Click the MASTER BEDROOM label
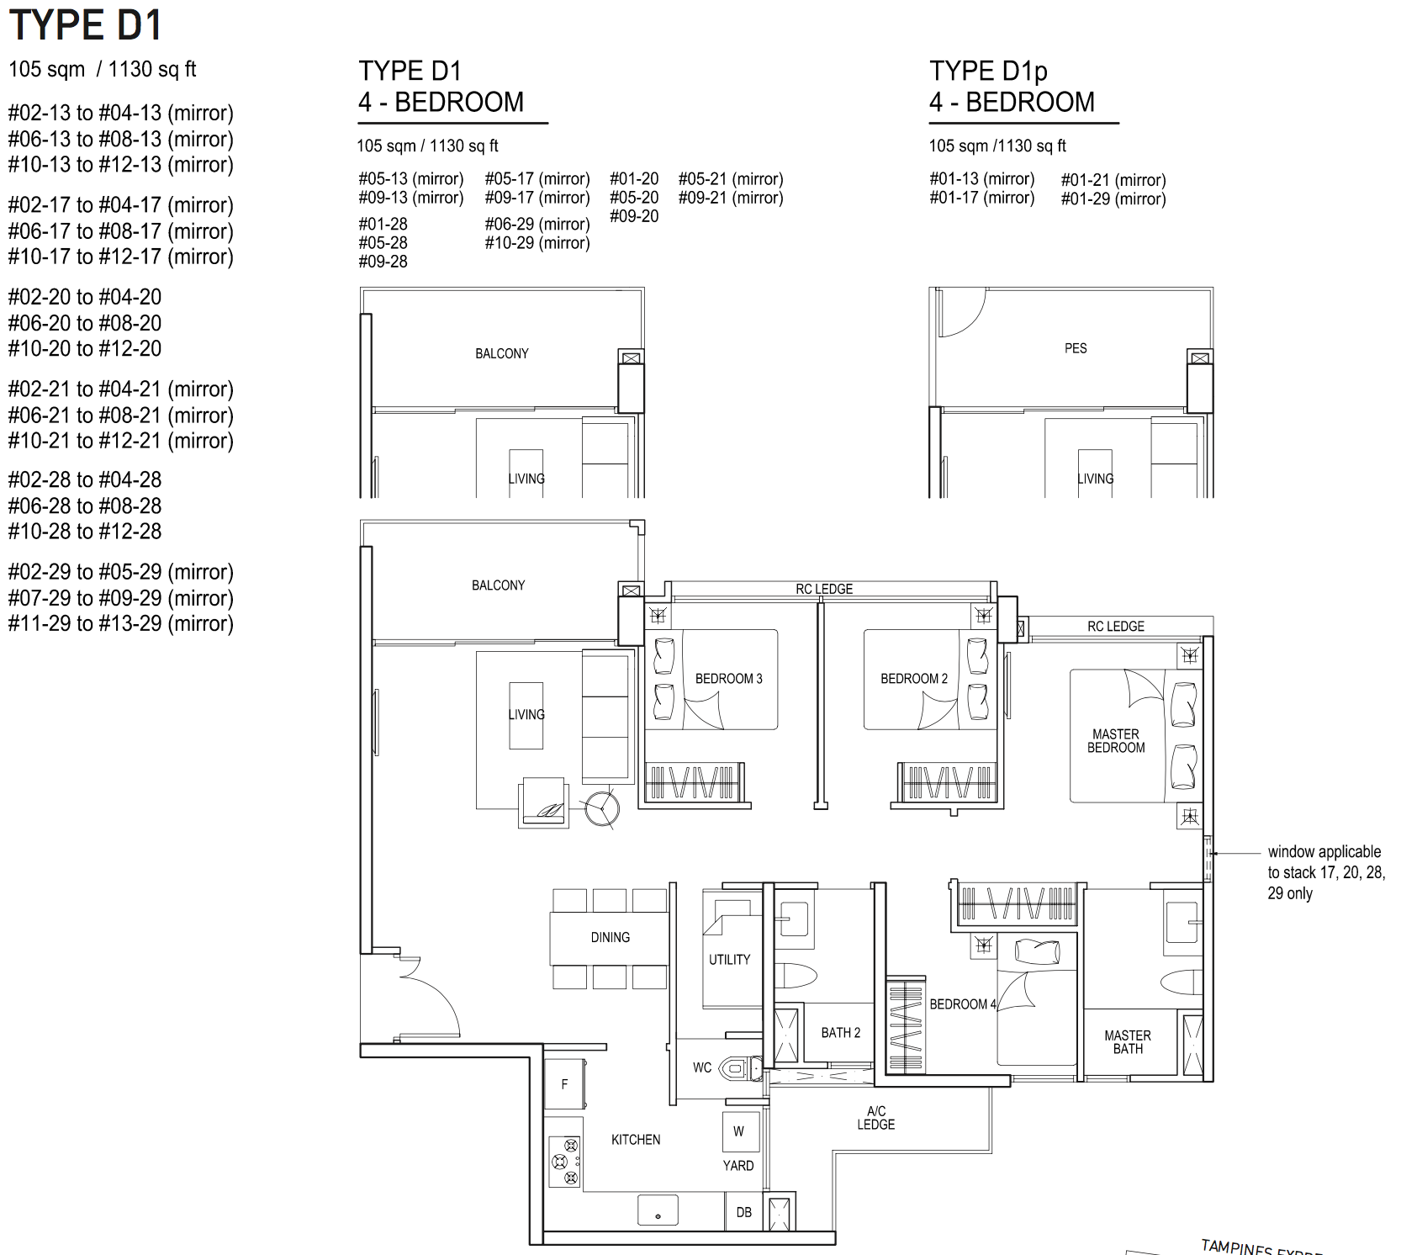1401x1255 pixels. click(x=1116, y=741)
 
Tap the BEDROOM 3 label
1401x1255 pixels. click(x=728, y=679)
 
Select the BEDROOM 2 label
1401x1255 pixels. click(x=914, y=679)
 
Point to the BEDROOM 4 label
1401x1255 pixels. click(x=963, y=1004)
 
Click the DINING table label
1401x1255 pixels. click(x=611, y=937)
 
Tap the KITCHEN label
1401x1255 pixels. click(x=636, y=1140)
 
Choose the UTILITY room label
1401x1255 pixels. click(x=729, y=960)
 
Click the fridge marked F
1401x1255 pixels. click(x=564, y=1084)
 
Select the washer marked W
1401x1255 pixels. click(x=739, y=1131)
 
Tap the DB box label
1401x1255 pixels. click(x=744, y=1212)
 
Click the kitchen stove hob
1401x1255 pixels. click(x=565, y=1161)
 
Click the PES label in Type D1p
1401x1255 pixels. click(x=1076, y=348)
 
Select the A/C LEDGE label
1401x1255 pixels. click(x=876, y=1118)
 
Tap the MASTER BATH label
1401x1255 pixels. click(x=1128, y=1042)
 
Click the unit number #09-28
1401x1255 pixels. click(x=383, y=262)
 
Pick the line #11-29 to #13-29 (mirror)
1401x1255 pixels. click(x=121, y=623)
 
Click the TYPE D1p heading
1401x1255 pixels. click(x=988, y=71)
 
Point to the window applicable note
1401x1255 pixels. click(x=1326, y=872)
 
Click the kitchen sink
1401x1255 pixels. click(x=658, y=1210)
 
